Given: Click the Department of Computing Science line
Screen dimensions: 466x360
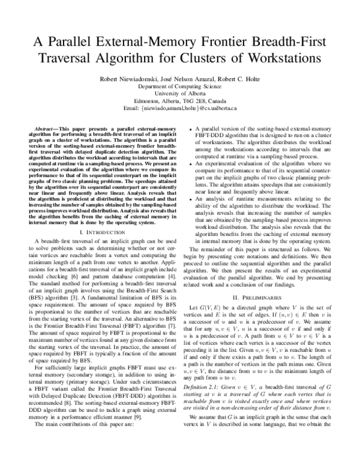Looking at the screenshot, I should [179, 86].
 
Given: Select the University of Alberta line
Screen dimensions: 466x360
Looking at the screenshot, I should [179, 94].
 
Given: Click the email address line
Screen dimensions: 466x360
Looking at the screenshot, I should [179, 109].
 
